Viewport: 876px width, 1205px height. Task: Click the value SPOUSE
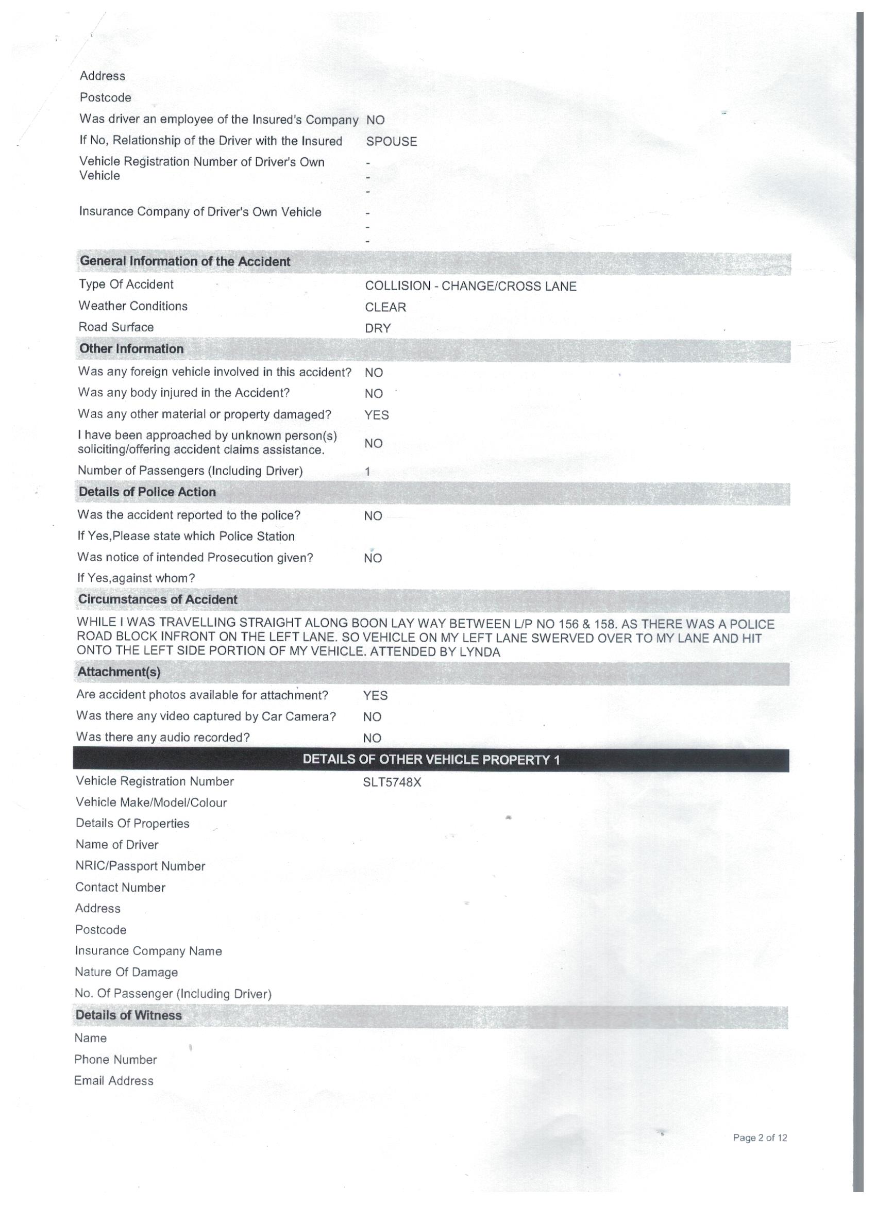pyautogui.click(x=392, y=141)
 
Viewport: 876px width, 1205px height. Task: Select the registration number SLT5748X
pyautogui.click(x=392, y=782)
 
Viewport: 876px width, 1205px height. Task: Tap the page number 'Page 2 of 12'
pyautogui.click(x=760, y=1137)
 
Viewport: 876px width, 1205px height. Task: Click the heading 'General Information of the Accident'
pyautogui.click(x=185, y=261)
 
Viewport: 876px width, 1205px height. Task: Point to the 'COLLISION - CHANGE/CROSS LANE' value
pyautogui.click(x=470, y=287)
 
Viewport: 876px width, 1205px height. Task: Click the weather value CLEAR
pyautogui.click(x=385, y=307)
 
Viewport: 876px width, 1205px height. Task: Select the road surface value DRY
pyautogui.click(x=378, y=328)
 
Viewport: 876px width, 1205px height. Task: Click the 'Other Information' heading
pyautogui.click(x=131, y=349)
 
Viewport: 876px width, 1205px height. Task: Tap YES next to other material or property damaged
pyautogui.click(x=376, y=415)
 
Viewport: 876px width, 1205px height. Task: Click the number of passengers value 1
pyautogui.click(x=367, y=472)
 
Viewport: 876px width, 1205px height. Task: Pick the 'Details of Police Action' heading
pyautogui.click(x=147, y=492)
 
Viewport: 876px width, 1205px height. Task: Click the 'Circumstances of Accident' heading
pyautogui.click(x=157, y=599)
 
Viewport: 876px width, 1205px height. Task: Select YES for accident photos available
pyautogui.click(x=375, y=695)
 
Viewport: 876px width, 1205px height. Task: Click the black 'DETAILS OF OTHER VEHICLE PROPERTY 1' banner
pyautogui.click(x=431, y=760)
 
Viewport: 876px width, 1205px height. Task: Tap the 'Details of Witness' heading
pyautogui.click(x=128, y=1015)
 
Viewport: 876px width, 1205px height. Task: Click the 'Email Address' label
pyautogui.click(x=114, y=1081)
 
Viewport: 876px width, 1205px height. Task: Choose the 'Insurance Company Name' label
pyautogui.click(x=148, y=951)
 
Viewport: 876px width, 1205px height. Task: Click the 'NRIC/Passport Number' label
pyautogui.click(x=140, y=866)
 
